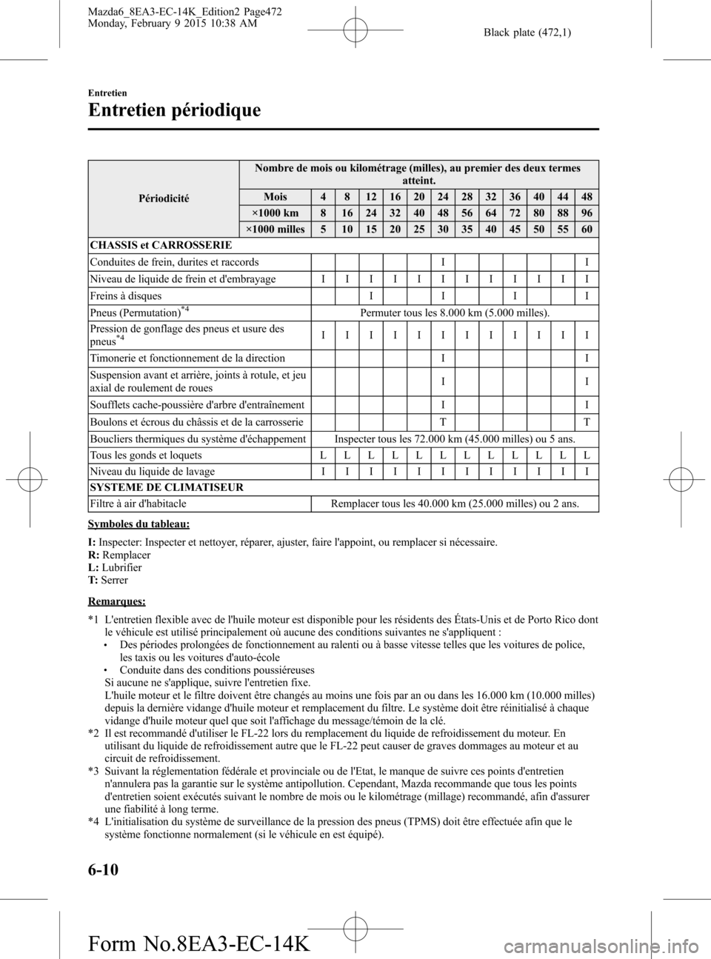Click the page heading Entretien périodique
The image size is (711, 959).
[x=174, y=110]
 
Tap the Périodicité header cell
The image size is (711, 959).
[x=164, y=198]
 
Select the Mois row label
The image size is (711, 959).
[x=275, y=197]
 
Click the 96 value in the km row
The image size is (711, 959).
[x=587, y=213]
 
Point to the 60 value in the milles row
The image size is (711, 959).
[x=587, y=230]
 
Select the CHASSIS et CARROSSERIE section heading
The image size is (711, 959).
[x=161, y=245]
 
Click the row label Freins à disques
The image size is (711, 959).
[x=125, y=295]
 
